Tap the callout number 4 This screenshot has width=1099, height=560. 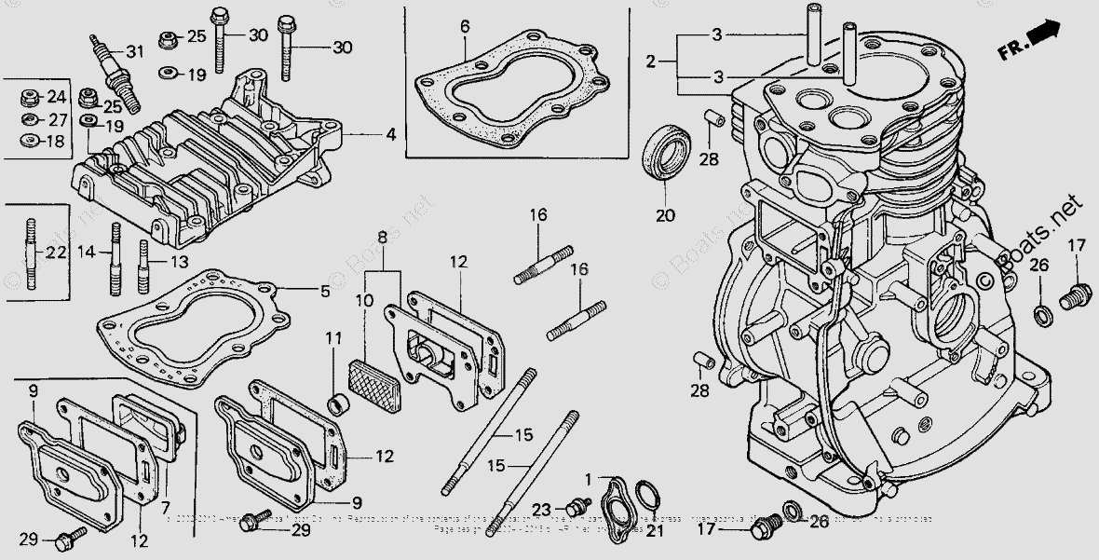tap(391, 135)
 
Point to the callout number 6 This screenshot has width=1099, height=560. tap(465, 27)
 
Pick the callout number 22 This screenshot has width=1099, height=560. tap(56, 253)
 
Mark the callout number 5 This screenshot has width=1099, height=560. tap(324, 292)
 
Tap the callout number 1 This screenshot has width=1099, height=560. tap(588, 478)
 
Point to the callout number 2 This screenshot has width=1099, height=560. tap(651, 61)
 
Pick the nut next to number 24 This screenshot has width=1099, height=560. tap(28, 96)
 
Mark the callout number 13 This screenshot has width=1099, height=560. tap(180, 262)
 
